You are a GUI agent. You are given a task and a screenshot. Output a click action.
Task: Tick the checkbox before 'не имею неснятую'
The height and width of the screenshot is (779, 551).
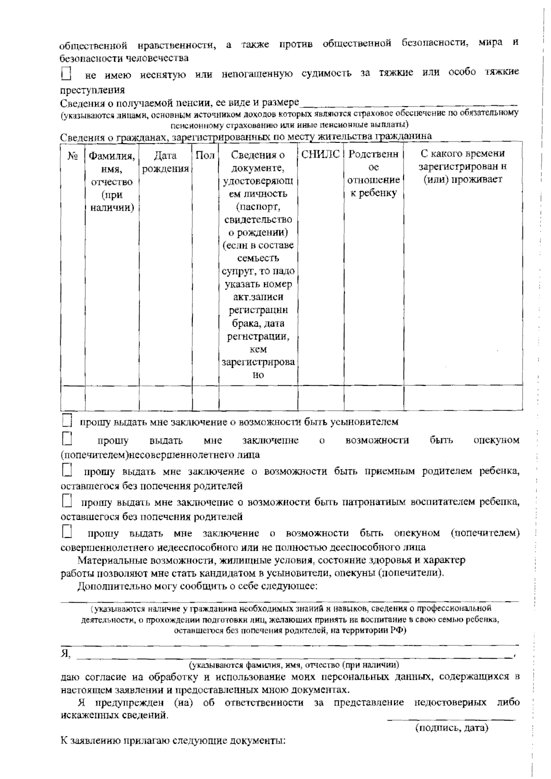coord(67,73)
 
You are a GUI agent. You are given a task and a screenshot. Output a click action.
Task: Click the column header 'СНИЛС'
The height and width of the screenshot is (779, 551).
coord(321,154)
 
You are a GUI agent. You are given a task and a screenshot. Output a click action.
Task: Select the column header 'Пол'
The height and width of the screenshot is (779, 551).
coord(205,155)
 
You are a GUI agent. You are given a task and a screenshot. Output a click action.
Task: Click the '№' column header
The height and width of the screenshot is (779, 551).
coord(73,156)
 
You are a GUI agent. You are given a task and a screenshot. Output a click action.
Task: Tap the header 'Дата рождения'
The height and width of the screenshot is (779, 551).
coord(165,162)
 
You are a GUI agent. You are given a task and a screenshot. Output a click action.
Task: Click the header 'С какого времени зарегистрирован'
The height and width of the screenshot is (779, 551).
coord(463,166)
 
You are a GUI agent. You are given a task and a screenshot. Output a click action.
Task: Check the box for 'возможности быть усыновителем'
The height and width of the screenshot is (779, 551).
coord(67,420)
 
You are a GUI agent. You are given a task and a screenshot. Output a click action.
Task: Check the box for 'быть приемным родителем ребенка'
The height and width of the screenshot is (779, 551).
coord(67,470)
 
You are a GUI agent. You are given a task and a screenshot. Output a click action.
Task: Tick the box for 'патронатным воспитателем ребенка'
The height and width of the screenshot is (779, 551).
coord(67,501)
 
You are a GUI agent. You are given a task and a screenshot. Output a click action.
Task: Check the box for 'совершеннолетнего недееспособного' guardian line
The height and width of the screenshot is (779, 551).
coord(67,532)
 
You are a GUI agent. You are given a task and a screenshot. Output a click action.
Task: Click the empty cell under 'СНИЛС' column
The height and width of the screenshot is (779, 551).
coord(321,397)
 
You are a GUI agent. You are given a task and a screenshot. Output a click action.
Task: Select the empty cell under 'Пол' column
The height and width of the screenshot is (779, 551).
coord(205,397)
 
